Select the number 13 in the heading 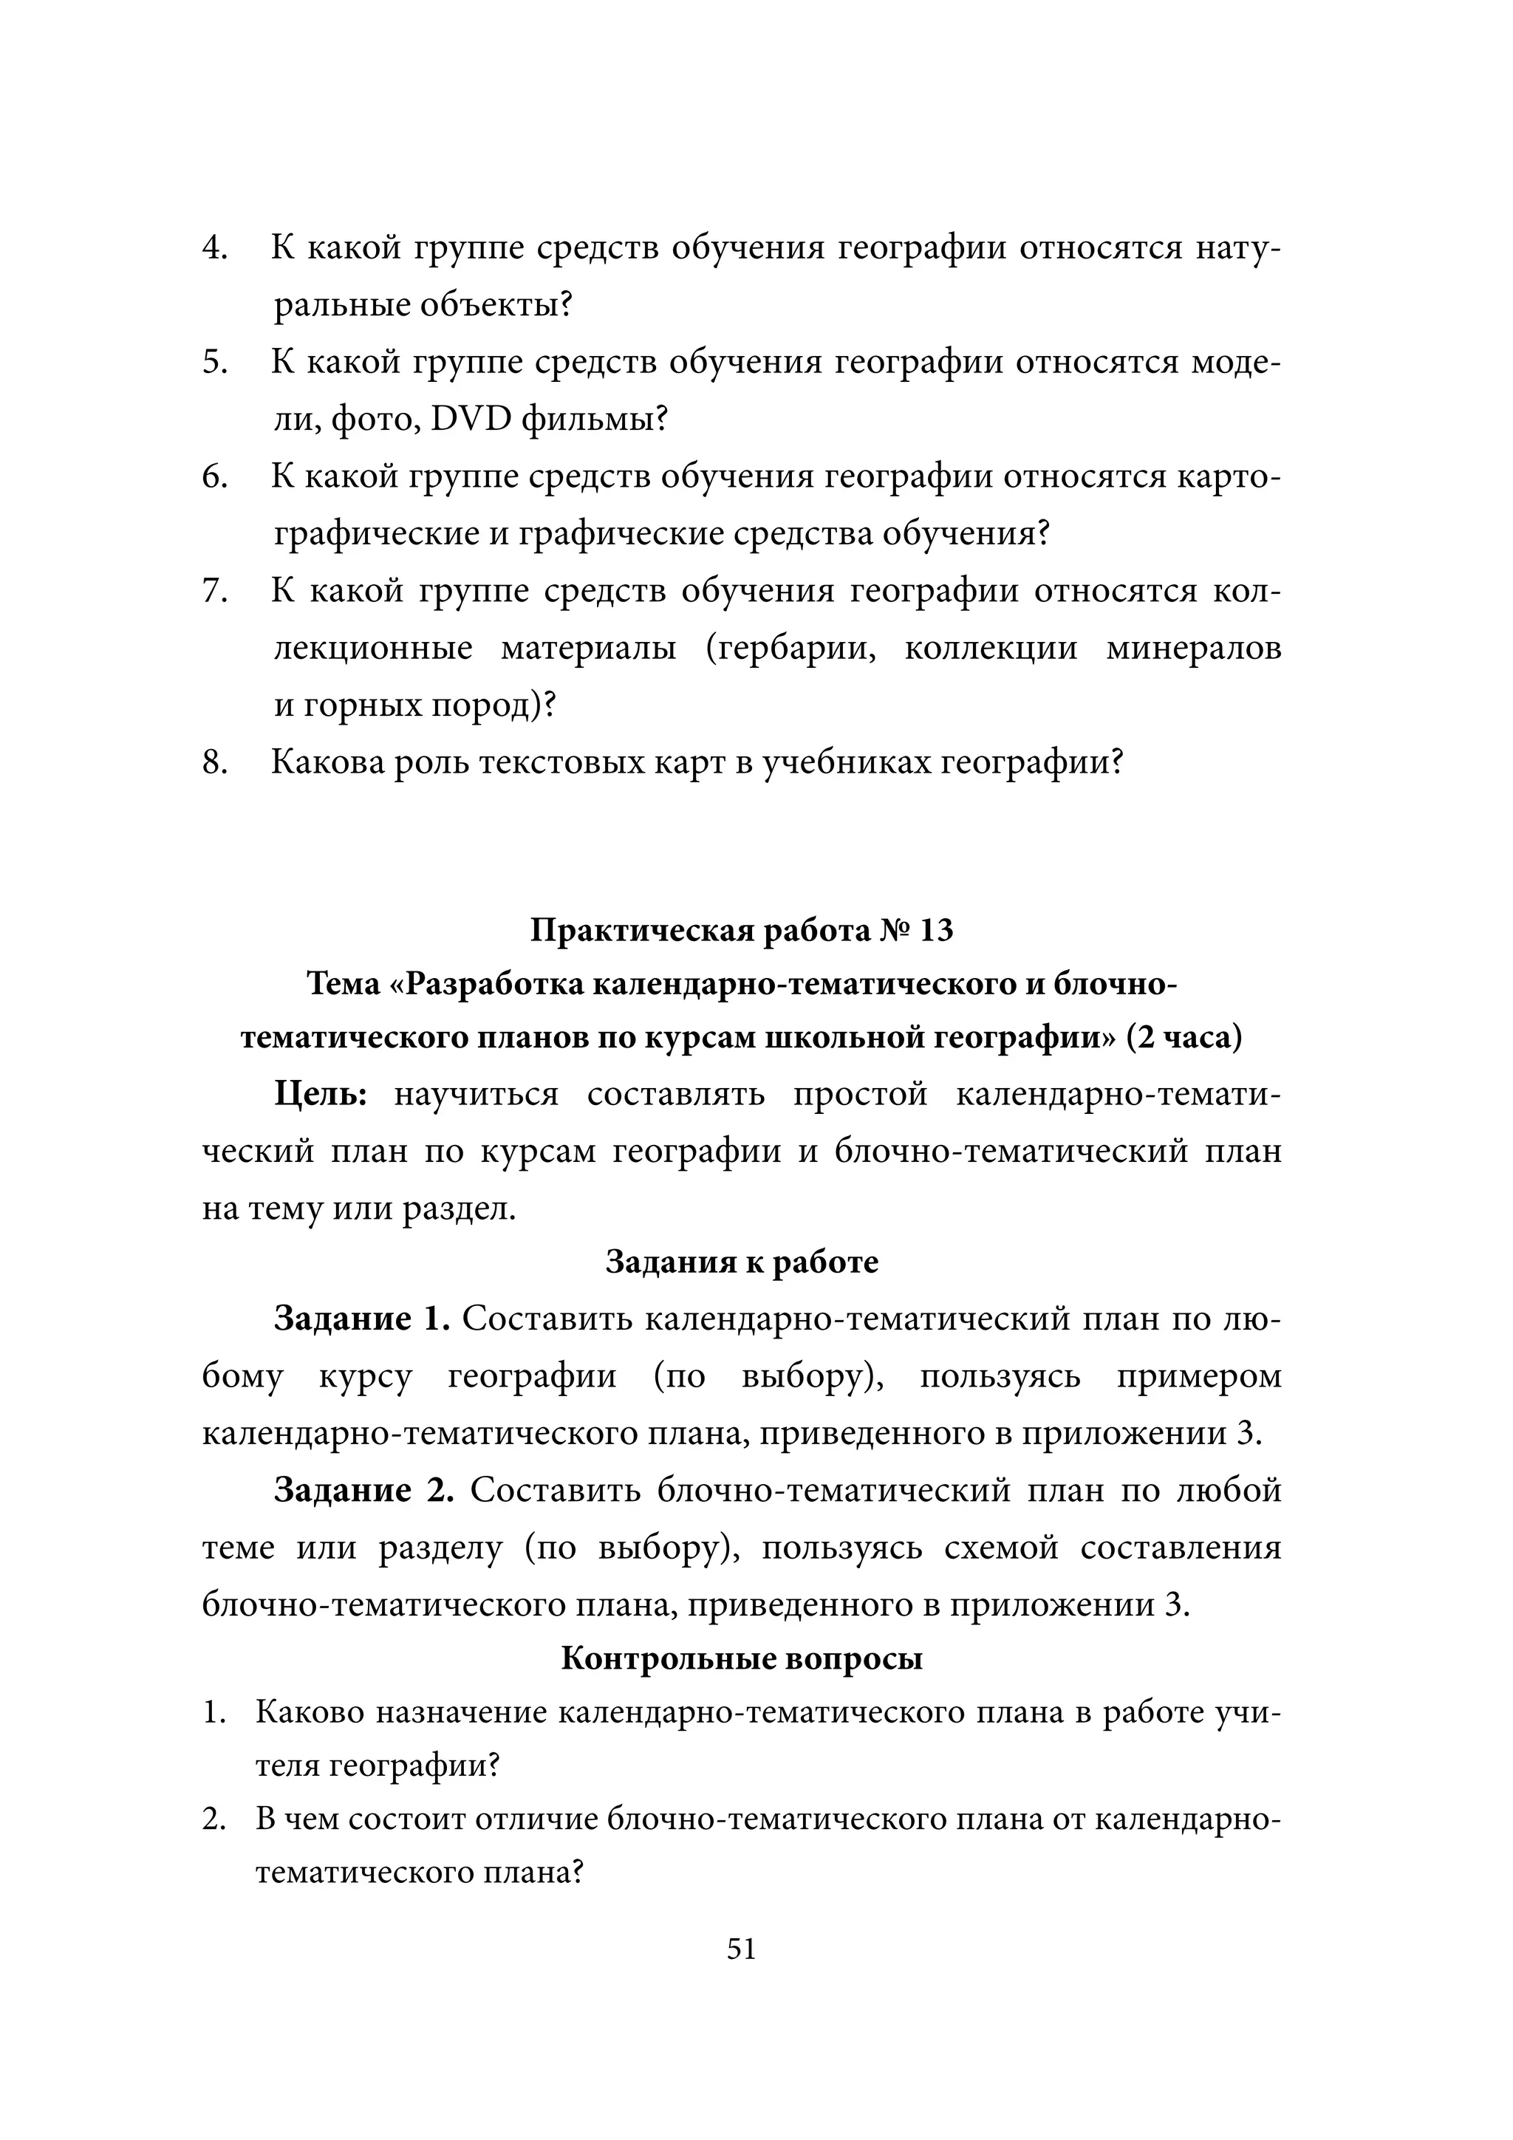tap(936, 930)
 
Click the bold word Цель tap(321, 1093)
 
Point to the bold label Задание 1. tap(362, 1318)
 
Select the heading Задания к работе tap(742, 1262)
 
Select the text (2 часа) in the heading tap(1184, 1037)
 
